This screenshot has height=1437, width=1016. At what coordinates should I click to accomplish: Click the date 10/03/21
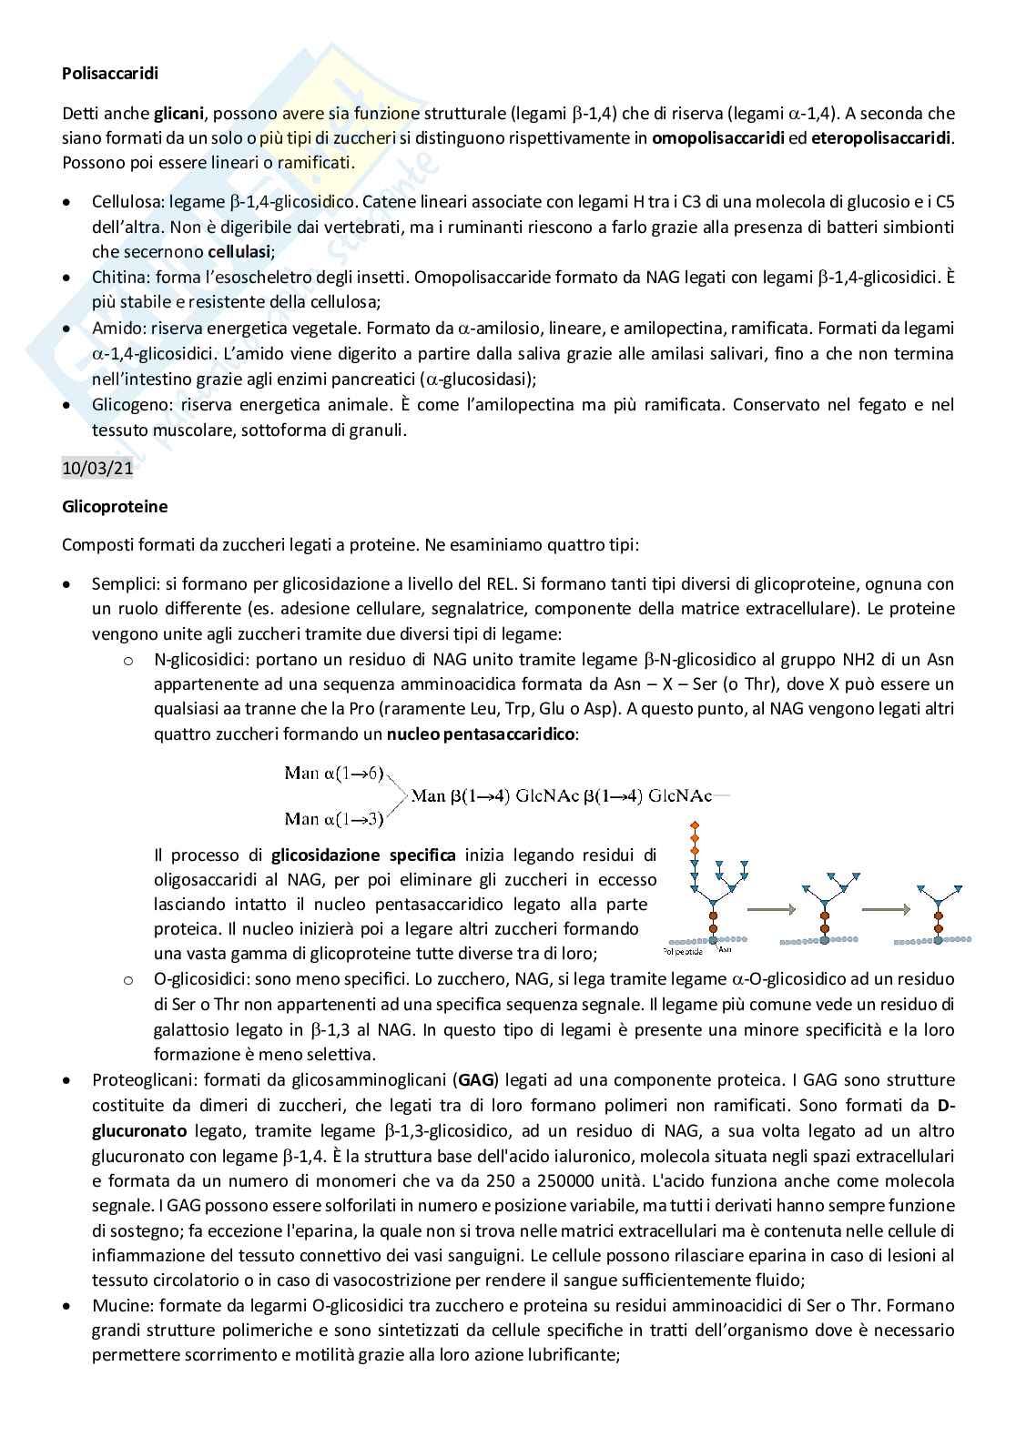pyautogui.click(x=88, y=469)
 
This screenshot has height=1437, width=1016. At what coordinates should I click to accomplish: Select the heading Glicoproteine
pyautogui.click(x=115, y=506)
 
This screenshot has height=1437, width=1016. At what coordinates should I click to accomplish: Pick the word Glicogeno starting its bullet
pyautogui.click(x=127, y=404)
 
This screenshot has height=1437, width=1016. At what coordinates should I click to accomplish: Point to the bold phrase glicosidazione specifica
pyautogui.click(x=364, y=855)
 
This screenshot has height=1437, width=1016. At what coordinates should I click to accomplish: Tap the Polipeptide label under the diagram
pyautogui.click(x=683, y=950)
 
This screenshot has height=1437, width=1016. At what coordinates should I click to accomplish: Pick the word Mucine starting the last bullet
pyautogui.click(x=118, y=1305)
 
